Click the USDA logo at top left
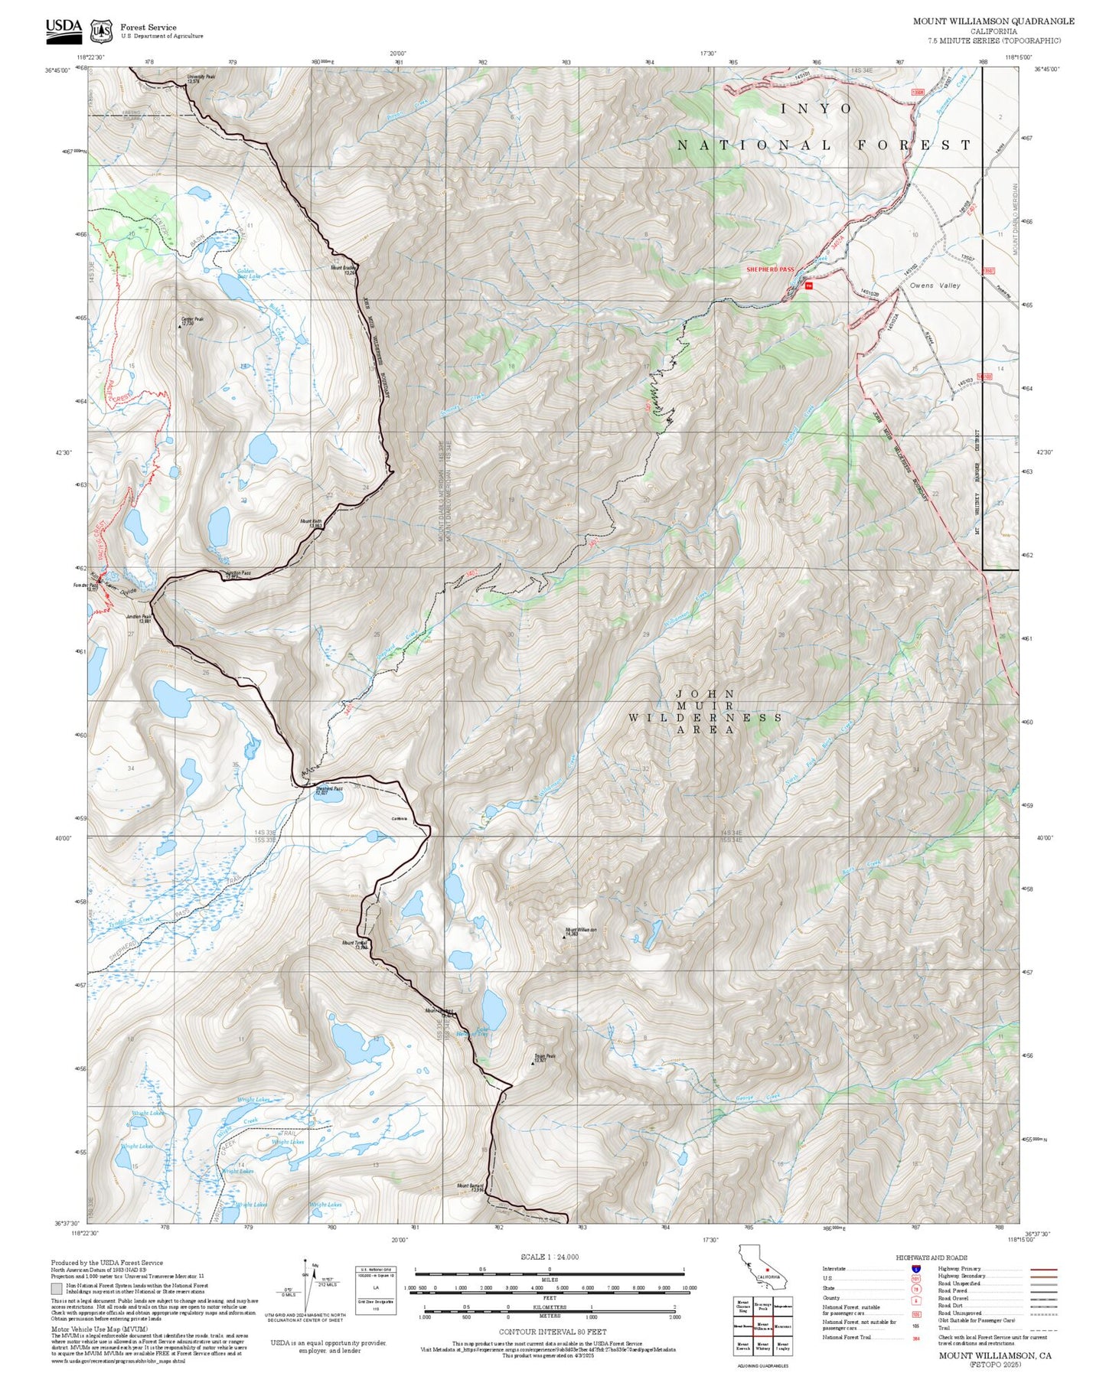coord(64,28)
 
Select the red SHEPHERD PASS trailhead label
coord(770,269)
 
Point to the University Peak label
coord(201,77)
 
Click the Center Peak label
coord(191,321)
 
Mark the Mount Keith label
coord(310,523)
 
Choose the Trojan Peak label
coord(544,1058)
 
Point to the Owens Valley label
coord(935,285)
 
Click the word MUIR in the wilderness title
coord(705,706)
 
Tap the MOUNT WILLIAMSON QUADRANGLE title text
coord(993,21)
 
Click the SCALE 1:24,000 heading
coord(549,1257)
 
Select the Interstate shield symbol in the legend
coord(915,1269)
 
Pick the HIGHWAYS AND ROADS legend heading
coord(931,1257)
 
